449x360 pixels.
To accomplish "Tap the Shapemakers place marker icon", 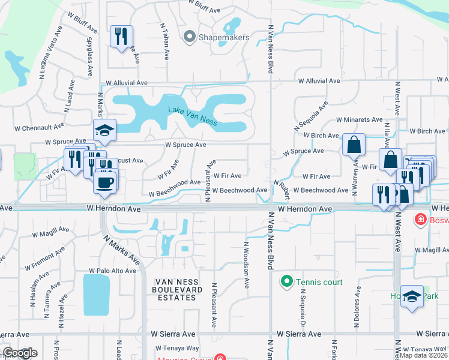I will point(190,37).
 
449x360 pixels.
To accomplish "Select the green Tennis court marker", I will point(286,281).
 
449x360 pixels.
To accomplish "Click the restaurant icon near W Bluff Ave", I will point(121,37).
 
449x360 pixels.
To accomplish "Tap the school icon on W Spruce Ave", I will point(104,130).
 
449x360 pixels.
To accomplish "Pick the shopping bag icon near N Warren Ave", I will point(354,144).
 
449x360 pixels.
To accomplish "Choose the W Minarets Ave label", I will point(359,120).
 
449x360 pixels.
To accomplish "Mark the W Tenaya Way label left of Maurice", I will point(176,348).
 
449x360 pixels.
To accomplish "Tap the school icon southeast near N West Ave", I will point(412,296).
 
